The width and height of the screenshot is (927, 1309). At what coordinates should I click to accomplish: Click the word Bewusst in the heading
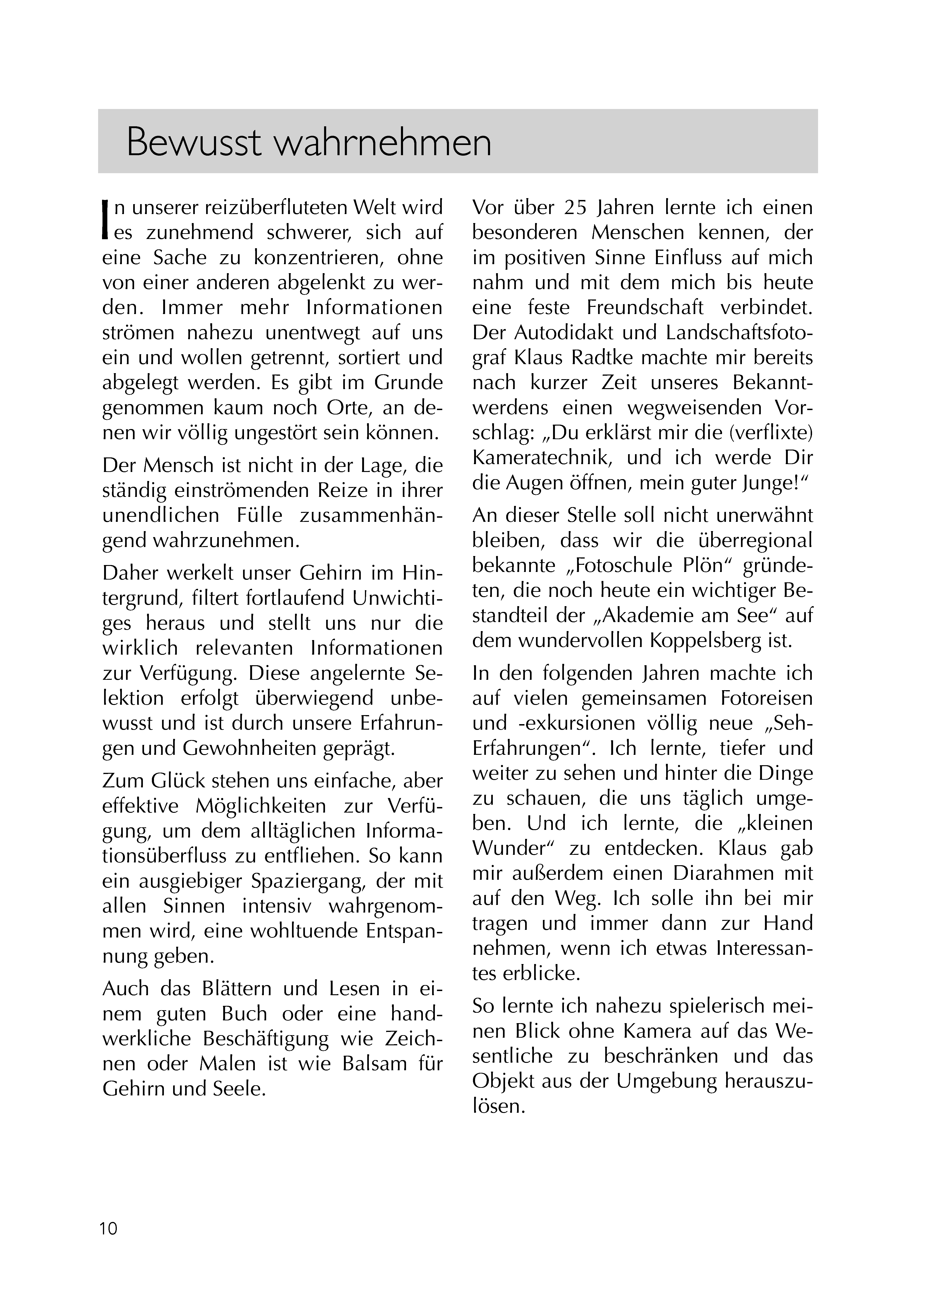point(193,142)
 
